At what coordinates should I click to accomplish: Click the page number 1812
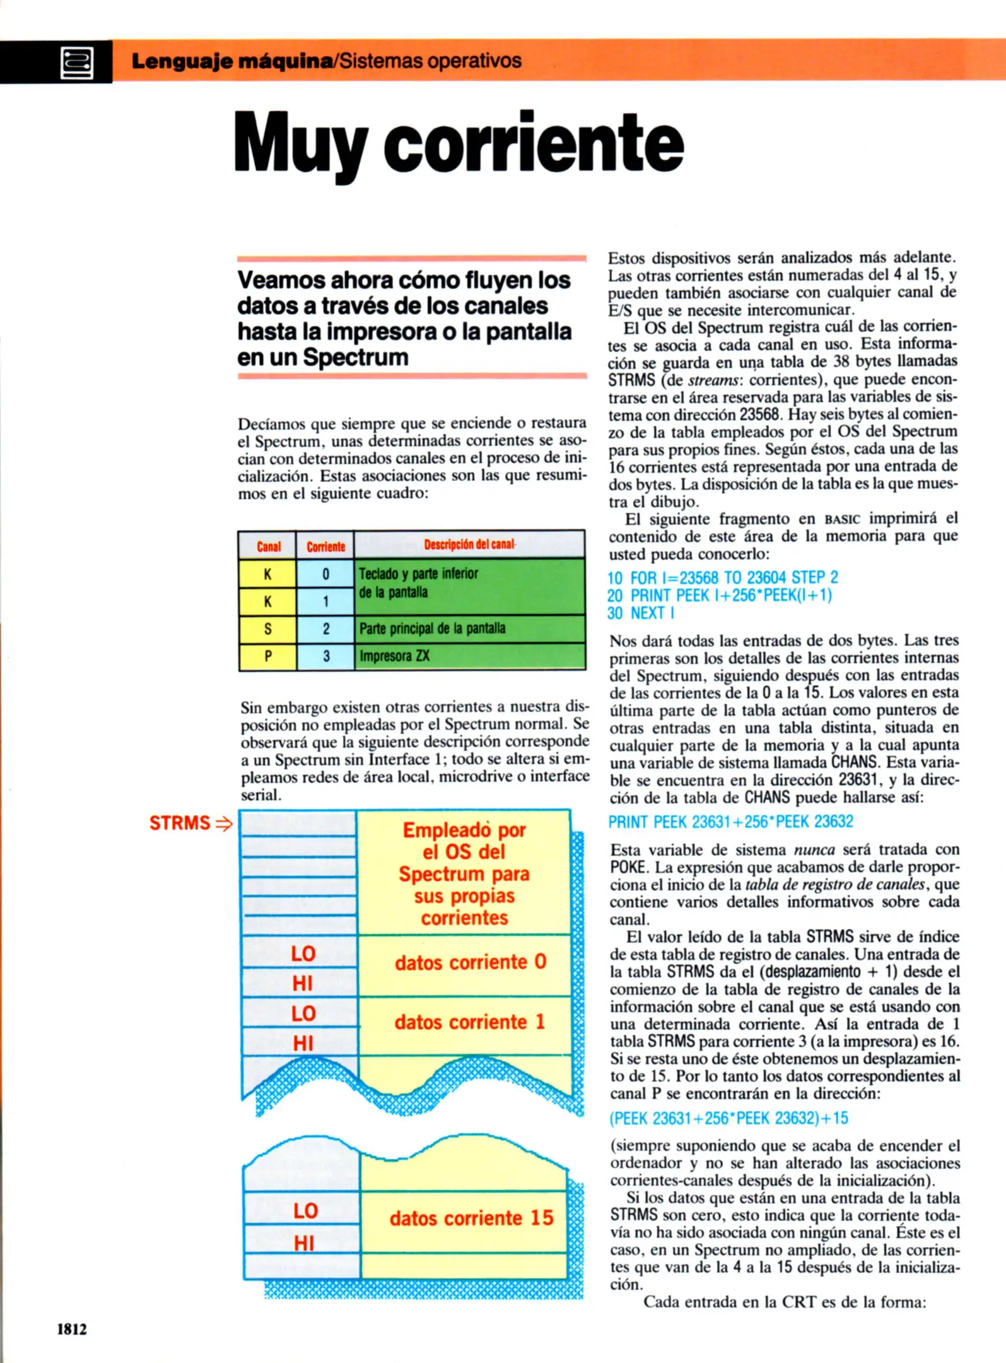click(x=72, y=1328)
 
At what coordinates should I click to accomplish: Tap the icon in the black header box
click(x=76, y=62)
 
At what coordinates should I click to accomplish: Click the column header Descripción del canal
click(x=469, y=545)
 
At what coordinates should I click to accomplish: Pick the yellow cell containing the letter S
click(x=267, y=629)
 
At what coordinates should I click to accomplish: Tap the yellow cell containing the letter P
click(x=267, y=656)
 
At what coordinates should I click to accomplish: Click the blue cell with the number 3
click(x=325, y=656)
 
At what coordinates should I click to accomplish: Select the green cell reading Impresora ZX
click(x=469, y=656)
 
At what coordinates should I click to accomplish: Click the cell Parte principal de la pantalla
click(x=469, y=628)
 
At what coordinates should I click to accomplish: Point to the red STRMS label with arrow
click(x=189, y=823)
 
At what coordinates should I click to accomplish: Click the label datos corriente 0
click(x=470, y=962)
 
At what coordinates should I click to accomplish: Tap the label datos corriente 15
click(x=471, y=1218)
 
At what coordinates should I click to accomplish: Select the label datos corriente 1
click(x=469, y=1022)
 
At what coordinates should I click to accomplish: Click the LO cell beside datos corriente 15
click(x=305, y=1210)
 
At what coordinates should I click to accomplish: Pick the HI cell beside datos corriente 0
click(x=303, y=983)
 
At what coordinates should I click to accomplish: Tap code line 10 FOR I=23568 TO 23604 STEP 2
click(x=723, y=577)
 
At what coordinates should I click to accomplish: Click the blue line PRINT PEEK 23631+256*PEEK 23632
click(x=730, y=822)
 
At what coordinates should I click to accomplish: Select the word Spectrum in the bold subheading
click(x=355, y=357)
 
